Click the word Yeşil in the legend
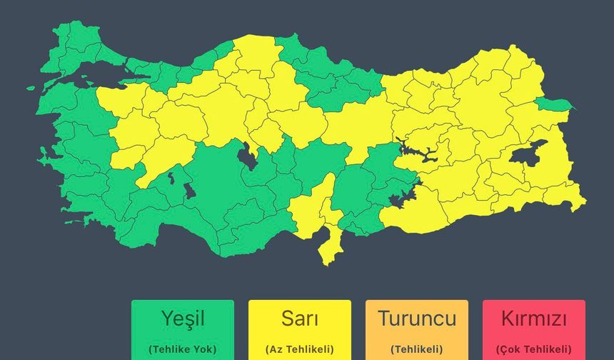click(x=182, y=317)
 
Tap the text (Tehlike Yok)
click(x=182, y=349)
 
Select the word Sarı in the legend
click(x=299, y=317)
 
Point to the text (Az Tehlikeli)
click(x=299, y=349)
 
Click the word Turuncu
click(x=416, y=318)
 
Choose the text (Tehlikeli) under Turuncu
click(x=416, y=349)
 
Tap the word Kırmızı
click(x=533, y=318)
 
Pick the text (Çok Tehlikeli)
click(x=533, y=349)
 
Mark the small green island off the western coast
click(x=31, y=88)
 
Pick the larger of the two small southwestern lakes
click(x=188, y=191)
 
